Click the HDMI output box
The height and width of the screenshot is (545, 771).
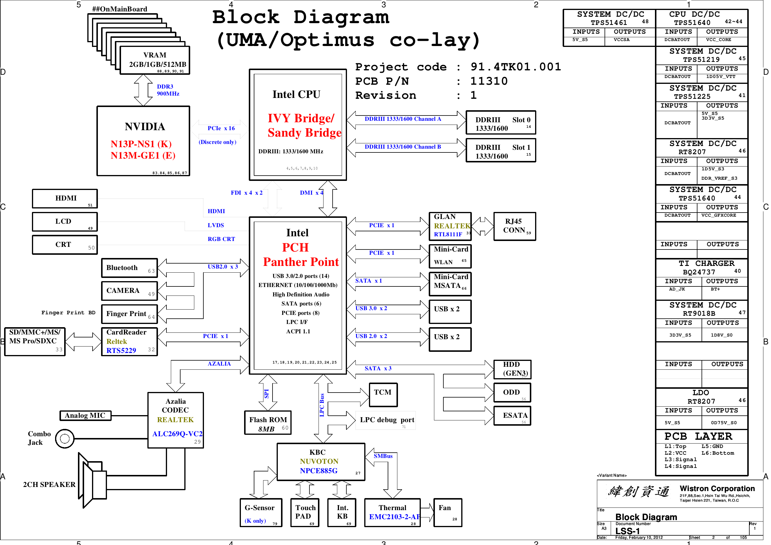tap(65, 198)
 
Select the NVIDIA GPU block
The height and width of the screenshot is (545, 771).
tap(143, 141)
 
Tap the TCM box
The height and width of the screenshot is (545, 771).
tap(383, 395)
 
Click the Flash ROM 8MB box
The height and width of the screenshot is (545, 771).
tap(268, 423)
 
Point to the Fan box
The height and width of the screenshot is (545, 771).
tap(447, 512)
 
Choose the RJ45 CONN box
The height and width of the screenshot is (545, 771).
tap(515, 226)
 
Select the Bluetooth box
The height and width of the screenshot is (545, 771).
tap(129, 268)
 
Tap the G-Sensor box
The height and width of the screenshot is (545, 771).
tap(260, 512)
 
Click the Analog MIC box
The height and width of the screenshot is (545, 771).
tap(85, 416)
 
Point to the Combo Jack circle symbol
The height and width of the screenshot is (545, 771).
tap(64, 439)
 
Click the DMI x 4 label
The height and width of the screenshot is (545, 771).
tap(311, 193)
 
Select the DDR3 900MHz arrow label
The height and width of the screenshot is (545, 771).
tap(168, 90)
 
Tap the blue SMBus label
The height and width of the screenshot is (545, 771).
tap(383, 456)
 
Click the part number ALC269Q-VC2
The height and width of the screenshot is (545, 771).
tap(177, 434)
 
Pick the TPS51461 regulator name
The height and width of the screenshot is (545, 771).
tap(609, 23)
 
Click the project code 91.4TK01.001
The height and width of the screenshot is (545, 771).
tap(516, 67)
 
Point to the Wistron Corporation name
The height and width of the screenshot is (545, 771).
tap(717, 488)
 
